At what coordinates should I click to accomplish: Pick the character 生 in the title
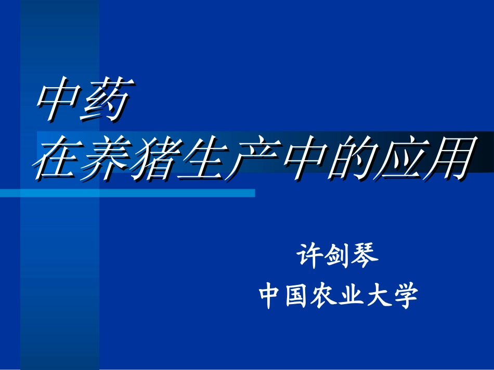click(x=200, y=158)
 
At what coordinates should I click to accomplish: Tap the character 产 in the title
click(x=249, y=158)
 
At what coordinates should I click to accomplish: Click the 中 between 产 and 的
click(x=297, y=158)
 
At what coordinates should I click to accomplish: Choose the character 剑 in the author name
click(x=338, y=256)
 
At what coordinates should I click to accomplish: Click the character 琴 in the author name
click(x=366, y=256)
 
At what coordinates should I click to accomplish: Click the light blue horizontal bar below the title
click(x=156, y=193)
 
